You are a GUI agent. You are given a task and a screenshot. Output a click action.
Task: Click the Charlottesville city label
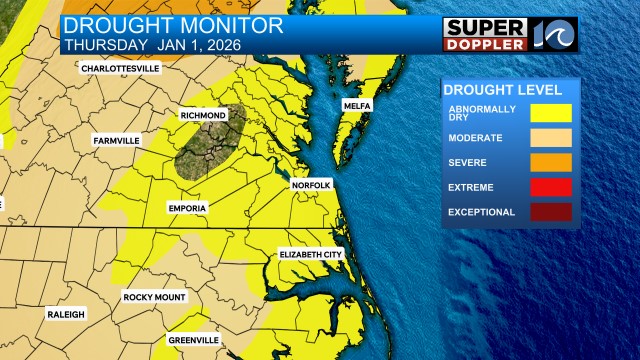click(121, 68)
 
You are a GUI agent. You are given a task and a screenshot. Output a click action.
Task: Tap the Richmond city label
click(203, 116)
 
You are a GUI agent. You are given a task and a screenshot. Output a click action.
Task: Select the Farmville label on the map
click(117, 141)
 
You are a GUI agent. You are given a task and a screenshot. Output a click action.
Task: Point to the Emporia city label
click(187, 207)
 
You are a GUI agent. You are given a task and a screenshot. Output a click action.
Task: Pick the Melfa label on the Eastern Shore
click(357, 105)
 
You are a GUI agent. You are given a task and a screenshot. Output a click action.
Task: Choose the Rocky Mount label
click(155, 297)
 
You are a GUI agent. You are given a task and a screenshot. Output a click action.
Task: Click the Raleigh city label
click(66, 314)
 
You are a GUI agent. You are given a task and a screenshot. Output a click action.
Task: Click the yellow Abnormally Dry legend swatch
click(551, 111)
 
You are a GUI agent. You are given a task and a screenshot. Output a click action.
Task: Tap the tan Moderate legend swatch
click(551, 137)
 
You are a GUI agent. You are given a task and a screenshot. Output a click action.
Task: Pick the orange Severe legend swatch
click(551, 162)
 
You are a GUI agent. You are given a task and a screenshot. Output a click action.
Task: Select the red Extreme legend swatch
click(551, 187)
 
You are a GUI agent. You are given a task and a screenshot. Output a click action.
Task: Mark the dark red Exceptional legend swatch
click(551, 212)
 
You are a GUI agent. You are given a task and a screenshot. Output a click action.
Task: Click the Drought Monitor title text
click(173, 26)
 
